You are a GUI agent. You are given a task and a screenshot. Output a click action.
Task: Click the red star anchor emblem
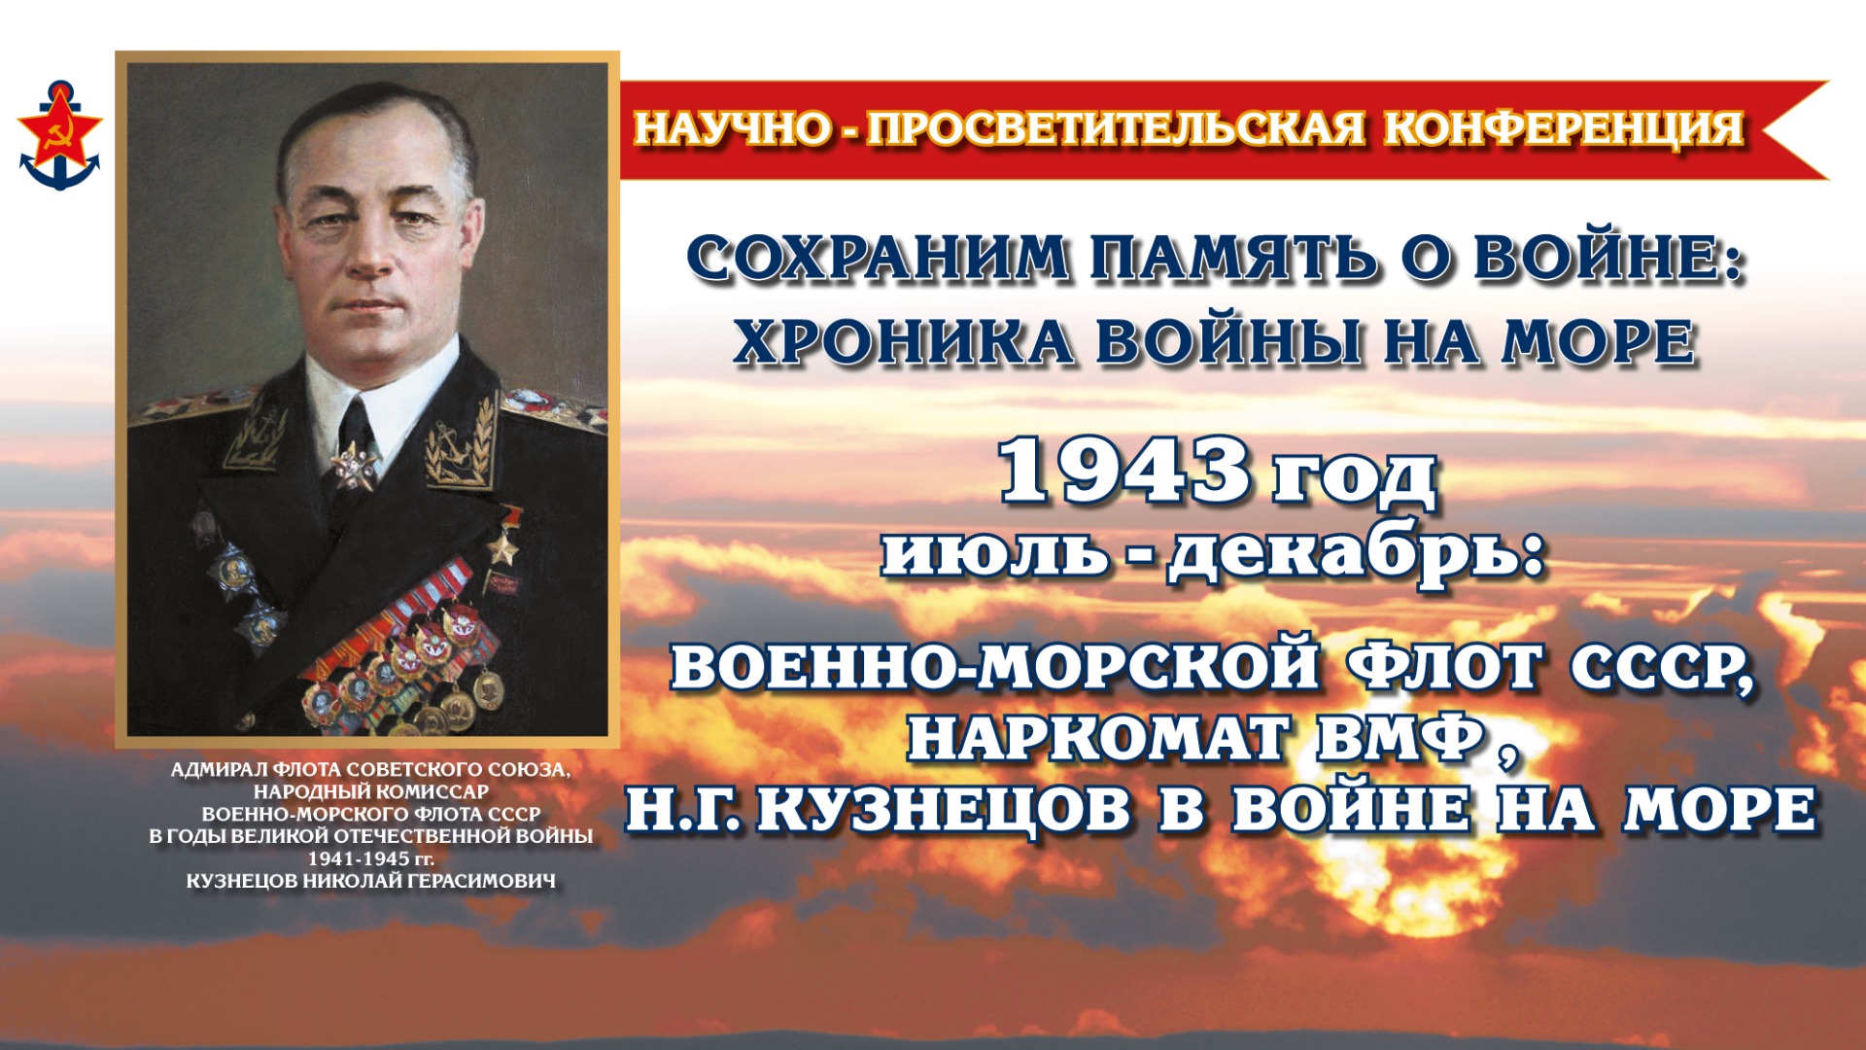(x=59, y=135)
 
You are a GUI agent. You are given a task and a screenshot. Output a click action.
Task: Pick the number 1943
(x=1124, y=472)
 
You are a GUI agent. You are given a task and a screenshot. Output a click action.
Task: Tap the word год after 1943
(x=1355, y=478)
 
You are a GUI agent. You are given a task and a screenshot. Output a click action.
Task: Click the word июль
(x=995, y=553)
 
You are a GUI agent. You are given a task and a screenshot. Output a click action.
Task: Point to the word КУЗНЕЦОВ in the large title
(x=944, y=810)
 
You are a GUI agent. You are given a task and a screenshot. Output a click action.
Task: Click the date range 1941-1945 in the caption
(x=358, y=858)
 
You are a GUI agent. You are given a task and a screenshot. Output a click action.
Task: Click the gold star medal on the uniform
(x=503, y=545)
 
